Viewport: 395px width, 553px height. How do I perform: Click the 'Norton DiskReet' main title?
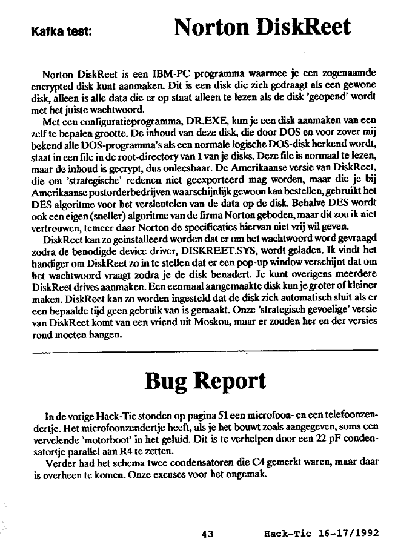click(x=262, y=27)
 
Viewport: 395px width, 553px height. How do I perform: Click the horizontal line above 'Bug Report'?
click(x=204, y=349)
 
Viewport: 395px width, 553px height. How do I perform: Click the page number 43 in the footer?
click(x=208, y=534)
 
